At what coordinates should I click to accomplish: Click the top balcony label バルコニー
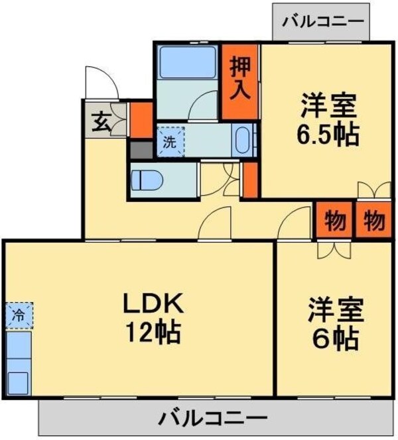323,21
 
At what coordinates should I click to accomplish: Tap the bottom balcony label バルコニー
214,419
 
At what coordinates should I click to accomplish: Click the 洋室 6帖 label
335,325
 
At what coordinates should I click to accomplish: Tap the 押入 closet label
239,78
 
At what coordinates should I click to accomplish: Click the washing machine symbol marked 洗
170,140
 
